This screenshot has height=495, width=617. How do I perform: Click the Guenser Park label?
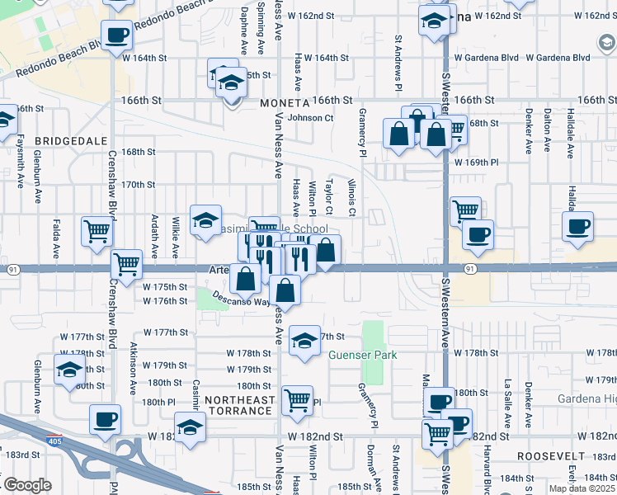click(x=363, y=356)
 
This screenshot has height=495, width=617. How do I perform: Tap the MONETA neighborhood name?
click(x=284, y=103)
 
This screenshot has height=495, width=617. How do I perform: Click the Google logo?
click(x=27, y=485)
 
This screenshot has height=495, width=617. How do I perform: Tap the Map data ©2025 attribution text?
click(x=581, y=488)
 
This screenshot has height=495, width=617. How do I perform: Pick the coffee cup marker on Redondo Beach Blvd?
click(x=117, y=35)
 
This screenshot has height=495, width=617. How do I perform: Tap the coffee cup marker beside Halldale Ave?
click(x=577, y=225)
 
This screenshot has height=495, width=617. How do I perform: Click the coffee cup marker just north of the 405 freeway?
click(x=106, y=418)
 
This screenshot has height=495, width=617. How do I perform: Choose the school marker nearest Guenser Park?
click(x=304, y=339)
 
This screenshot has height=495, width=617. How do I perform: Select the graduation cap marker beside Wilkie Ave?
click(x=205, y=219)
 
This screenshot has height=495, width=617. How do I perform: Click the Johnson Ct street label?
click(x=310, y=118)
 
